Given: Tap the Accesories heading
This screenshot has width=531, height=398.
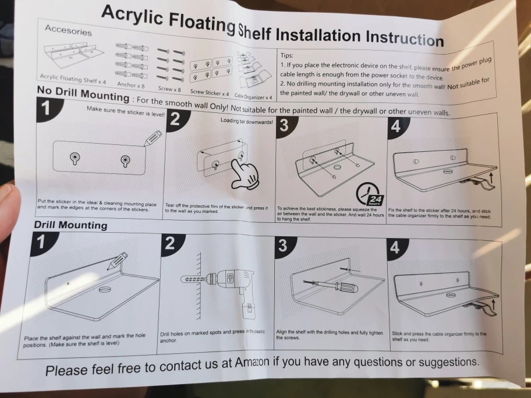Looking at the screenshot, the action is [x=68, y=30].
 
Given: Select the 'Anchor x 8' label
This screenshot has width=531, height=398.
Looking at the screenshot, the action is [x=131, y=84].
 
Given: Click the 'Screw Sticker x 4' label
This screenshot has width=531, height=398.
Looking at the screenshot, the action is [x=210, y=93].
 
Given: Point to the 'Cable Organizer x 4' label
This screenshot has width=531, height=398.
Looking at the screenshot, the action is [x=253, y=97].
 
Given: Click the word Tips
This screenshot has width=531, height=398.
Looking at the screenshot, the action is [x=287, y=55].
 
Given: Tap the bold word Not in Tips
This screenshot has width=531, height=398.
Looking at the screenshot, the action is [x=453, y=87].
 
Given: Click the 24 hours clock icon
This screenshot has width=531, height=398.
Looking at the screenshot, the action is [x=369, y=194].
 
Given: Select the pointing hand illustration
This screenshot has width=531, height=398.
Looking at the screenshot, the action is [x=245, y=175].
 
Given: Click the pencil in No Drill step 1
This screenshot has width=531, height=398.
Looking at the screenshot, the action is [x=153, y=138].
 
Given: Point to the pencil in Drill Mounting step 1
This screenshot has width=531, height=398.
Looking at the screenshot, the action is [x=117, y=261].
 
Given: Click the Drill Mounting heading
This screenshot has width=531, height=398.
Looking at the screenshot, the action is [x=70, y=225].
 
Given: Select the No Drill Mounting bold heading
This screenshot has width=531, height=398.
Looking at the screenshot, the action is [x=83, y=94].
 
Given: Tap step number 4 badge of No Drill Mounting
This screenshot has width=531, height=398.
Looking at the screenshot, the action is [x=397, y=127].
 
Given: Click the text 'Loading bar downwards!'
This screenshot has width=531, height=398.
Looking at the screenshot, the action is [x=246, y=121].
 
